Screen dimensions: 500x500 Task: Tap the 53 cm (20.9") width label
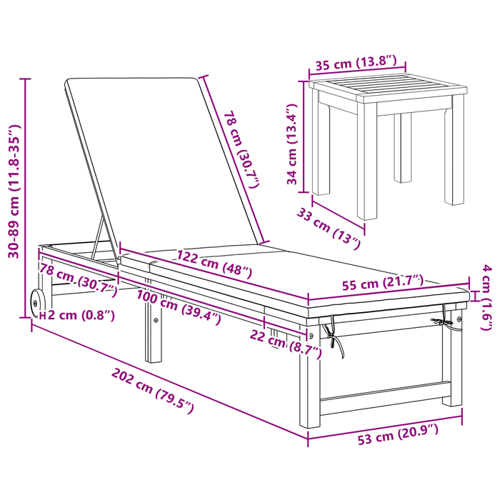pyautogui.click(x=398, y=434)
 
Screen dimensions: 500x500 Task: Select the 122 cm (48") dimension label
pyautogui.click(x=214, y=264)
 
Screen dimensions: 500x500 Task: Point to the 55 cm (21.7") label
pyautogui.click(x=383, y=283)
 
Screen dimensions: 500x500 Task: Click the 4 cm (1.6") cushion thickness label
pyautogui.click(x=486, y=297)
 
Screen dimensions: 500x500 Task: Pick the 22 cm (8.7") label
pyautogui.click(x=286, y=344)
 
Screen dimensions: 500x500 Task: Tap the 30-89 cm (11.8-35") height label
pyautogui.click(x=14, y=191)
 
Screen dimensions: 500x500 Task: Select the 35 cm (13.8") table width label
pyautogui.click(x=356, y=63)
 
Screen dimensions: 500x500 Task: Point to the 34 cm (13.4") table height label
pyautogui.click(x=292, y=144)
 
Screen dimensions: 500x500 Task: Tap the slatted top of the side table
pyautogui.click(x=387, y=85)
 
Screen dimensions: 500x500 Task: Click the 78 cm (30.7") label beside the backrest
pyautogui.click(x=241, y=149)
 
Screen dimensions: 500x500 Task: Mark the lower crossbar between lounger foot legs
pyautogui.click(x=384, y=390)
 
